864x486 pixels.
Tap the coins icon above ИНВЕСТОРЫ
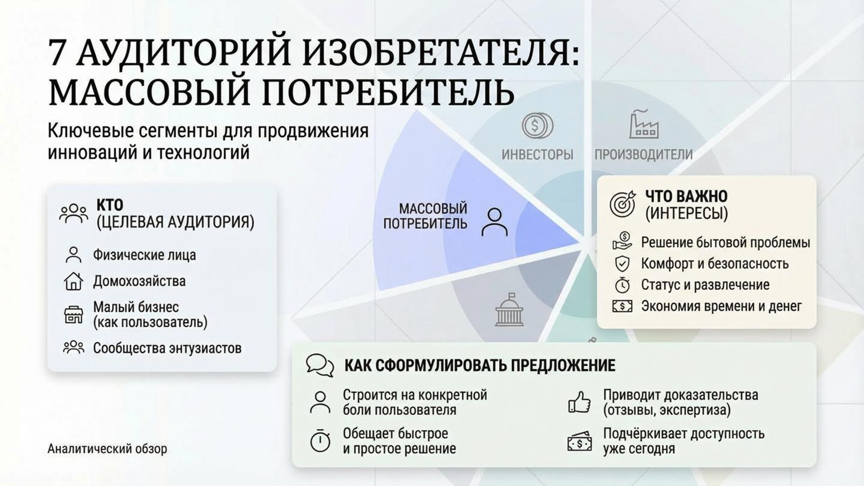point(537,125)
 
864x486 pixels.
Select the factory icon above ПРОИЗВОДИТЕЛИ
point(643,123)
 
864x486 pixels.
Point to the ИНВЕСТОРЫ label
point(537,155)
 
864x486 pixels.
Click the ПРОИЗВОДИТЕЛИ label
point(643,155)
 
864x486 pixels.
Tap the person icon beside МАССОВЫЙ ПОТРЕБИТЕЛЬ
point(495,222)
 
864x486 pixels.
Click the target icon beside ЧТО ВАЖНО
point(622,203)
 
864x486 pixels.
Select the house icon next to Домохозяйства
point(73,281)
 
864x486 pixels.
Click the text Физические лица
point(144,255)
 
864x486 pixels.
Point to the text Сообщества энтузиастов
point(167,348)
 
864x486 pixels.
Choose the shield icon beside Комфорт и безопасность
point(622,264)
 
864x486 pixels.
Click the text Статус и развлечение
point(705,285)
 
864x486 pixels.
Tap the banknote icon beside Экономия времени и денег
point(622,306)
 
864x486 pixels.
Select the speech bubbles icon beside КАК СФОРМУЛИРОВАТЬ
point(320,365)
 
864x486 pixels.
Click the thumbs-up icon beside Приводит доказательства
point(579,402)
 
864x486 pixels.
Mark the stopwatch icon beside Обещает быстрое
point(320,441)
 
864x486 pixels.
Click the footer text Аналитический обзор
point(107,449)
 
